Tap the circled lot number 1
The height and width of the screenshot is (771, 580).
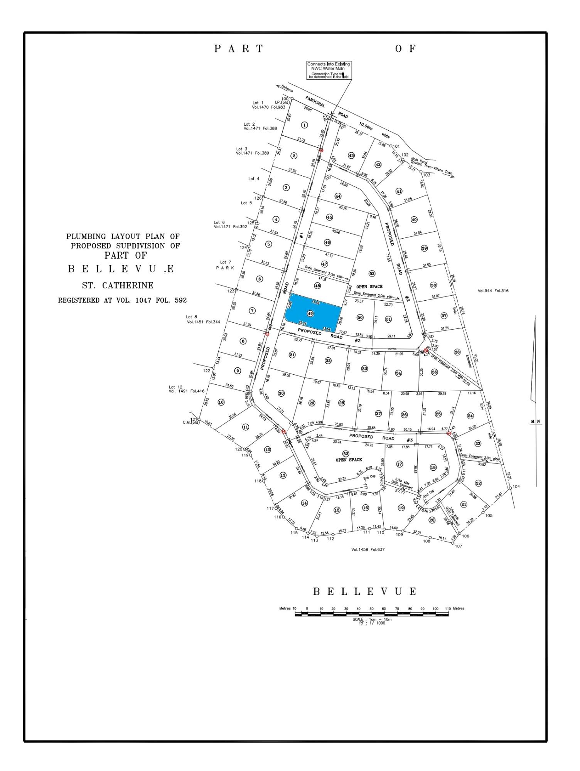click(305, 125)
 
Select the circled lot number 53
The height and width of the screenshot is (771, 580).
click(346, 453)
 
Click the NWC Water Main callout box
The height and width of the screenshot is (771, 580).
click(329, 70)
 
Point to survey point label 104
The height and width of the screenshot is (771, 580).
click(516, 487)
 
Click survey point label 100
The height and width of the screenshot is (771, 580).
click(285, 99)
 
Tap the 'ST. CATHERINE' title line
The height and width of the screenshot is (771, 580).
click(118, 286)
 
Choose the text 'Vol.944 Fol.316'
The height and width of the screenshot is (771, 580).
click(493, 291)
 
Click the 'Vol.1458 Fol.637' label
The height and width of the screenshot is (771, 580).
click(368, 549)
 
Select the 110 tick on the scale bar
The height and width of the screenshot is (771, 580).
click(447, 608)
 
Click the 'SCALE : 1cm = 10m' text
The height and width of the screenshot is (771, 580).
click(372, 619)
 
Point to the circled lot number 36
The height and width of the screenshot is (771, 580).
click(457, 352)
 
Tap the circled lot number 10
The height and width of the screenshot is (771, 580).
click(221, 402)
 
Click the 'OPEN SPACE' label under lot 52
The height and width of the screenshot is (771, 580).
click(369, 286)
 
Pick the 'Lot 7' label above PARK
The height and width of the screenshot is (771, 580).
click(226, 262)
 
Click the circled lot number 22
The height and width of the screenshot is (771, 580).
click(479, 483)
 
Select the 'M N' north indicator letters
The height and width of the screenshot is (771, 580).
click(535, 421)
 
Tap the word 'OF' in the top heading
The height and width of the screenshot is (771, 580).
click(406, 49)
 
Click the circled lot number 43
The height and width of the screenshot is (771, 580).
click(351, 156)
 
